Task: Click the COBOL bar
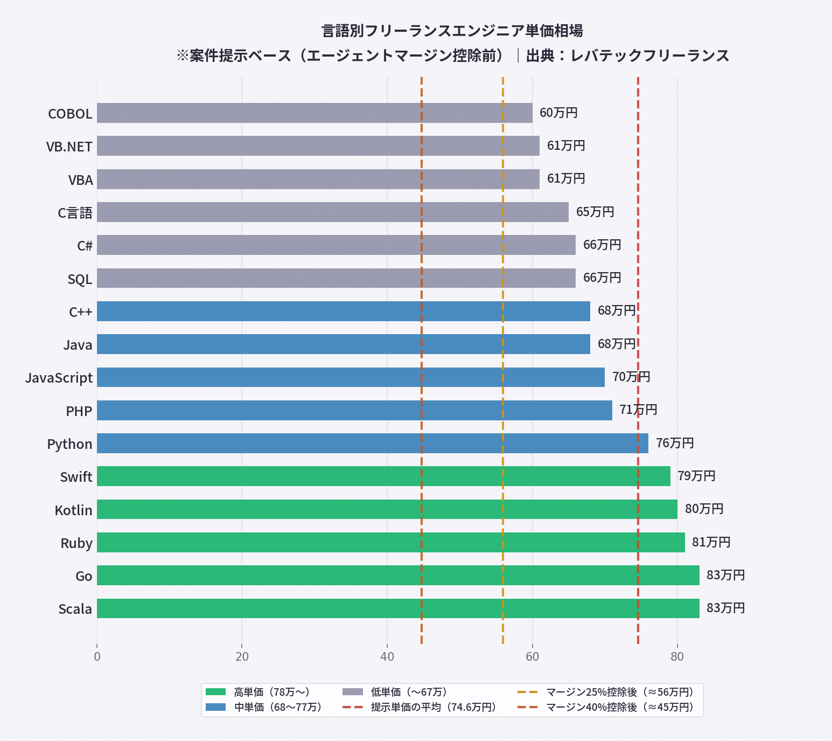pyautogui.click(x=314, y=113)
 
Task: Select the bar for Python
pyautogui.click(x=372, y=444)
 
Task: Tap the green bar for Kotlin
pyautogui.click(x=387, y=509)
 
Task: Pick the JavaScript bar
pyautogui.click(x=351, y=377)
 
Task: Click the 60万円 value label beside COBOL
pyautogui.click(x=558, y=113)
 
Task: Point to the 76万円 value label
pyautogui.click(x=675, y=444)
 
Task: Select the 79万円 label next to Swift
pyautogui.click(x=696, y=476)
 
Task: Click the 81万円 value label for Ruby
pyautogui.click(x=711, y=543)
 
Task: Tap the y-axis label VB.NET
pyautogui.click(x=69, y=147)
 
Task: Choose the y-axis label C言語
pyautogui.click(x=75, y=213)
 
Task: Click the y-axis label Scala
pyautogui.click(x=75, y=609)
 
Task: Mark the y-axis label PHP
pyautogui.click(x=79, y=411)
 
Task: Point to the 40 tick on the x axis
pyautogui.click(x=387, y=656)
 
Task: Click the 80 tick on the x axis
pyautogui.click(x=677, y=656)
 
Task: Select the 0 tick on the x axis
pyautogui.click(x=97, y=656)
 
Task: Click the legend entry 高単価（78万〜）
pyautogui.click(x=271, y=692)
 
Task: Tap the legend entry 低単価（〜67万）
pyautogui.click(x=409, y=692)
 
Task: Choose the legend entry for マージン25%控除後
pyautogui.click(x=619, y=692)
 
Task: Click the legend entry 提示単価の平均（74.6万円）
pyautogui.click(x=433, y=708)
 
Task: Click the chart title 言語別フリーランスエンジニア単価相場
pyautogui.click(x=452, y=31)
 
